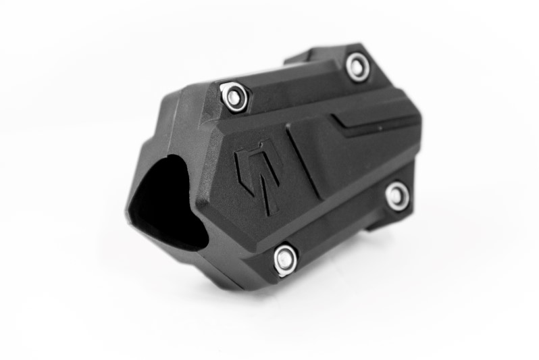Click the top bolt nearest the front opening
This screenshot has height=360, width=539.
234,97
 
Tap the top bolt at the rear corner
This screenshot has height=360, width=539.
357,67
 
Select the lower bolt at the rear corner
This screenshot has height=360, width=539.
397,195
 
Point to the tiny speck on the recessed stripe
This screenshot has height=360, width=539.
379,127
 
